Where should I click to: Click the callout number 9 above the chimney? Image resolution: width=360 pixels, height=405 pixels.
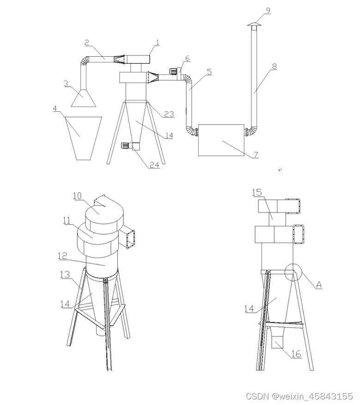click(268, 10)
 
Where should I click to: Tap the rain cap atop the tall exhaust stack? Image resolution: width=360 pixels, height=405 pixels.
click(254, 24)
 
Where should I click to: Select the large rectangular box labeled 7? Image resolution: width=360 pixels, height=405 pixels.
click(221, 140)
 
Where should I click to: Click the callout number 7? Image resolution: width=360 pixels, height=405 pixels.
click(256, 154)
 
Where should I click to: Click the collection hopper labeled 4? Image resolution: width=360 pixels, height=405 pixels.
click(84, 138)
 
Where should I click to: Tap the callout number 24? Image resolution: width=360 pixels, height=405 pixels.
click(154, 165)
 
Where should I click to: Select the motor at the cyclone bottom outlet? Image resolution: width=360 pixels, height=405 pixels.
click(127, 145)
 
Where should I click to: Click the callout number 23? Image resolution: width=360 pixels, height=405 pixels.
click(169, 114)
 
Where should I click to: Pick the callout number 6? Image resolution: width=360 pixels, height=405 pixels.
click(187, 58)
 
